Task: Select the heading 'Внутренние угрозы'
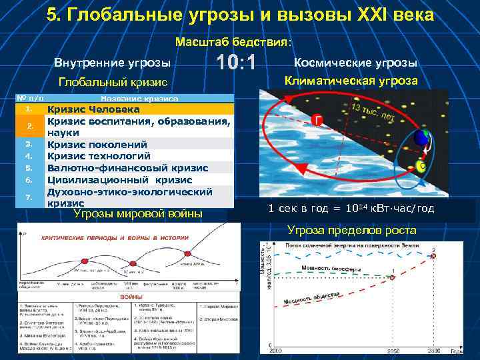112,63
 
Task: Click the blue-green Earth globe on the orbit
421,138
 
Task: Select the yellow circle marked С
421,165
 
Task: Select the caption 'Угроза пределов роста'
351,231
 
